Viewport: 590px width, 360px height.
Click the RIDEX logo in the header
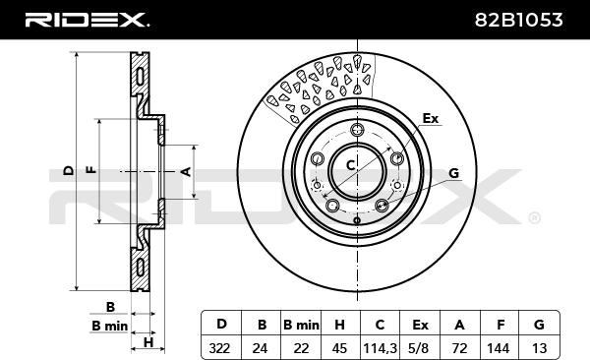(87, 20)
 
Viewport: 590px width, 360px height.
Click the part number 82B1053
(518, 20)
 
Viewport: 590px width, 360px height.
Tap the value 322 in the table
(219, 348)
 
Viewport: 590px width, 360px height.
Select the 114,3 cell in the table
(380, 349)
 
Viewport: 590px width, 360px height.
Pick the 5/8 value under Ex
(420, 348)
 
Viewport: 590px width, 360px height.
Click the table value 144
(499, 348)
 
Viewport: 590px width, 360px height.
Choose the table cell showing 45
(339, 348)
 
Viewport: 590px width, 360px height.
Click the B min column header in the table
(301, 325)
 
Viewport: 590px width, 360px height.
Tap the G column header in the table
(539, 325)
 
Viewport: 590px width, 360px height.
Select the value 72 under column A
(459, 348)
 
